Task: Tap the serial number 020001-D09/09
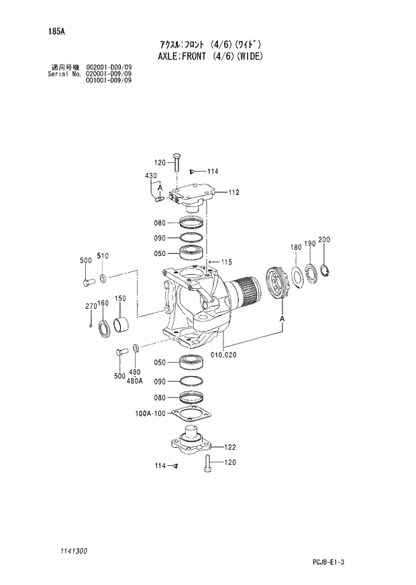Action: (109, 74)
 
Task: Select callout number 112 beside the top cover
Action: (233, 192)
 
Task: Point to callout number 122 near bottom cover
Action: (229, 447)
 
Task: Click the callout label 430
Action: (150, 176)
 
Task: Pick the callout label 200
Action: (324, 240)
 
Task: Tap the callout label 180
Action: (296, 247)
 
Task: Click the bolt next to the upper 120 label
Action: (176, 164)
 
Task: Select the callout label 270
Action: (91, 306)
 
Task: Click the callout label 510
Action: (103, 255)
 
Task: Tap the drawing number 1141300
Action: (71, 551)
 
